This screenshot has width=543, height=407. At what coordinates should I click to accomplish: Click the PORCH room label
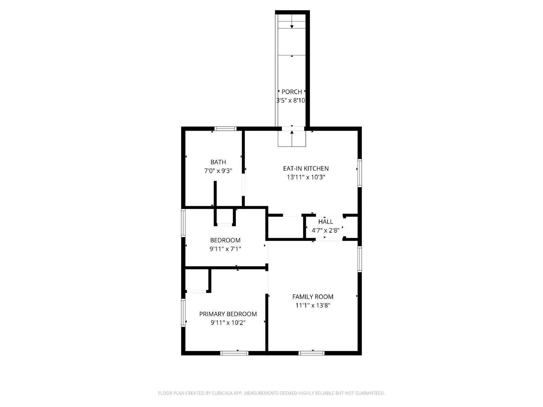[292, 92]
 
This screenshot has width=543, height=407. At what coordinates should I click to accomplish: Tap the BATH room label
[218, 162]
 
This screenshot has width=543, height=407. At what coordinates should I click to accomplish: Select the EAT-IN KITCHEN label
[306, 168]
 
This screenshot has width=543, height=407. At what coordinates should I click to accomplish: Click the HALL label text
[325, 221]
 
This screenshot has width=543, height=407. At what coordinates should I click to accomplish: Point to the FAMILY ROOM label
[313, 296]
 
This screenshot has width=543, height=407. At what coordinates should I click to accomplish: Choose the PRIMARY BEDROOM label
[228, 314]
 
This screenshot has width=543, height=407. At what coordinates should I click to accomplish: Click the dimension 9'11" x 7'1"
[225, 249]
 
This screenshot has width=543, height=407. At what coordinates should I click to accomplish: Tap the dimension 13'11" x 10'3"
[306, 177]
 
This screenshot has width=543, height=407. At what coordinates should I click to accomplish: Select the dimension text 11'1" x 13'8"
[313, 305]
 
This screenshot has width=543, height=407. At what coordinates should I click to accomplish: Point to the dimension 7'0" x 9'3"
[218, 171]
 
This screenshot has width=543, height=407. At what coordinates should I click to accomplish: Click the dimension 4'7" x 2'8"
[325, 230]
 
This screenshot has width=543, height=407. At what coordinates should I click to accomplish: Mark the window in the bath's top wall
[225, 129]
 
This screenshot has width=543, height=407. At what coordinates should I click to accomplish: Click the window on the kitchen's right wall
[359, 173]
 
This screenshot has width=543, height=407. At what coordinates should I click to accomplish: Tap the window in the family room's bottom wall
[312, 353]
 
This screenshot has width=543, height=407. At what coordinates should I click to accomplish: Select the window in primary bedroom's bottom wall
[234, 353]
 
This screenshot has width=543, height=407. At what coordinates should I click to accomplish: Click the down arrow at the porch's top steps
[292, 26]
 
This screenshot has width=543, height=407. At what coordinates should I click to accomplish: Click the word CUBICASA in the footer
[222, 393]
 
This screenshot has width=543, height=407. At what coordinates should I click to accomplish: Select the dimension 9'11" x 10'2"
[228, 323]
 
